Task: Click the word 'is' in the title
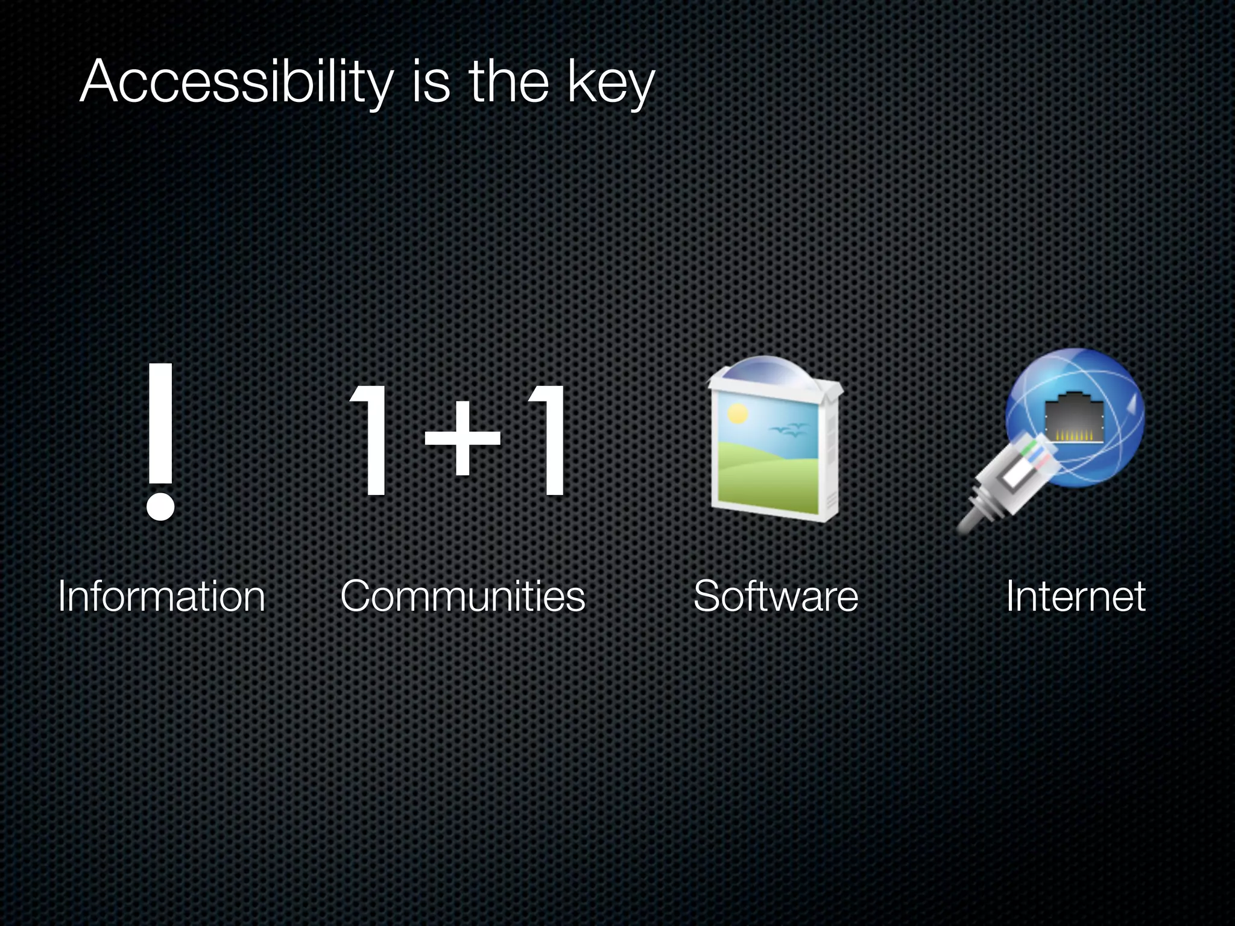431,83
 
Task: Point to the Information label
162,597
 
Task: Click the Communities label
463,597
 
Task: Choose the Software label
775,597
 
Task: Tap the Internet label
1075,597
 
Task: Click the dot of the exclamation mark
160,505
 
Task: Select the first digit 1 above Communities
371,440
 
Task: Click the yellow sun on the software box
737,414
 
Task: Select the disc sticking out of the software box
774,368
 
